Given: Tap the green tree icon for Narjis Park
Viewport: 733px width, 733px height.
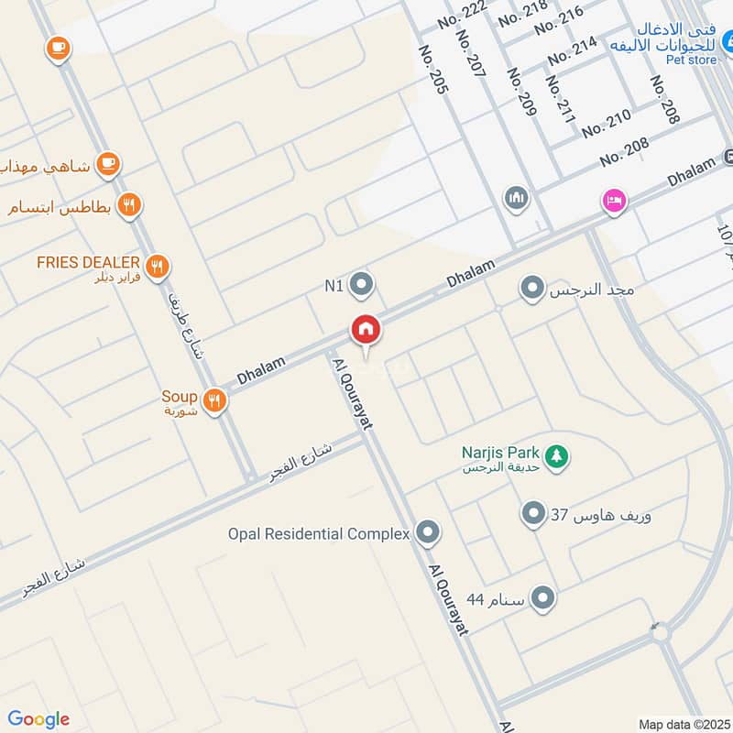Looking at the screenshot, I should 555,454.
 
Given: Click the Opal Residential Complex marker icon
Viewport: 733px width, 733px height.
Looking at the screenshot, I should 427,531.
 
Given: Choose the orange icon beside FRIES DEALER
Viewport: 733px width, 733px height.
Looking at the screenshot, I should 158,266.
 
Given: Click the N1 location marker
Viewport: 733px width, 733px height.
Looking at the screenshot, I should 362,285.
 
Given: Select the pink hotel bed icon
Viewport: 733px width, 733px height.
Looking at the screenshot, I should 613,200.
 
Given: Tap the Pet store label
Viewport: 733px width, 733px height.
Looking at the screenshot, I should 691,60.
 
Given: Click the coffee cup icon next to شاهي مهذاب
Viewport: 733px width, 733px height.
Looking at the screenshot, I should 108,164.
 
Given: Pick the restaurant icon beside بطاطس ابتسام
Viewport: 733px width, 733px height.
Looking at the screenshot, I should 131,205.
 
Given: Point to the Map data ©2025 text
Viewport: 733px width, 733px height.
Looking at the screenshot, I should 682,725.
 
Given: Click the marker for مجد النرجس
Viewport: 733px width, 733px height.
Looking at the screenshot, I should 531,290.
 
